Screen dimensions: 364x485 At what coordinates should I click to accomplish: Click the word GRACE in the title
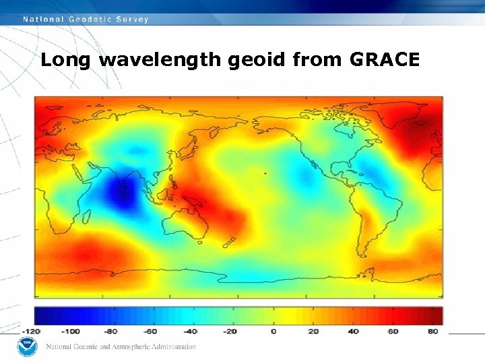pyautogui.click(x=385, y=60)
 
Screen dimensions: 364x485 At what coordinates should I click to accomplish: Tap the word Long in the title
pyautogui.click(x=67, y=61)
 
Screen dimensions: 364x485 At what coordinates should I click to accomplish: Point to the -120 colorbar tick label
pyautogui.click(x=31, y=332)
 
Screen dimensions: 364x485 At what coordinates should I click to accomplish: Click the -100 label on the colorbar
pyautogui.click(x=71, y=332)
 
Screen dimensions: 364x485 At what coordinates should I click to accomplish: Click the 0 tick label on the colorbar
pyautogui.click(x=273, y=332)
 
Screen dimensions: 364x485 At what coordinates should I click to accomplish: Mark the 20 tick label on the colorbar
pyautogui.click(x=314, y=332)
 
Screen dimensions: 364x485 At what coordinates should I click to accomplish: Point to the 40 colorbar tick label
pyautogui.click(x=354, y=332)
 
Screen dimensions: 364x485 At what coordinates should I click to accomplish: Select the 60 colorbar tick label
pyautogui.click(x=393, y=332)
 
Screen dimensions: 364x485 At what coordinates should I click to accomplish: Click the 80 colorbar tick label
pyautogui.click(x=433, y=332)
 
